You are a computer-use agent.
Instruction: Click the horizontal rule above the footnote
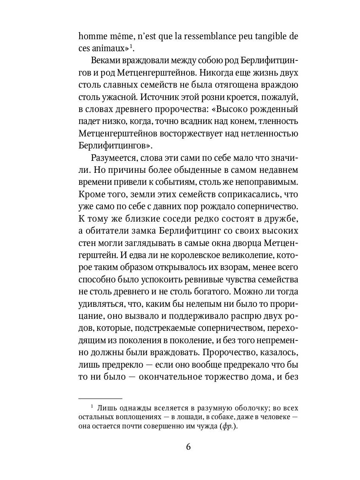pyautogui.click(x=100, y=398)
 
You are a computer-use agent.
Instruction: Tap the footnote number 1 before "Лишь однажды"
pyautogui.click(x=92, y=407)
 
